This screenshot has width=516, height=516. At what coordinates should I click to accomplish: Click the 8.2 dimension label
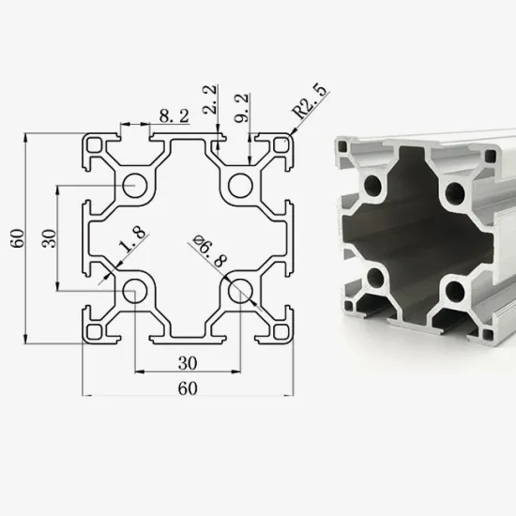[x=173, y=117]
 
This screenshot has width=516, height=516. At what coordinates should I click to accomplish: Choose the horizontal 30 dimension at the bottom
[x=185, y=361]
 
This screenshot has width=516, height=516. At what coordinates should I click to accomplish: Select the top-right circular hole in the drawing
[x=240, y=184]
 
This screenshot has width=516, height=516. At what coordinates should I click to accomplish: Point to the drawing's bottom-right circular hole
[x=240, y=288]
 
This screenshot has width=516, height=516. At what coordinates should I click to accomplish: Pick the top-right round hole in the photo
[x=457, y=194]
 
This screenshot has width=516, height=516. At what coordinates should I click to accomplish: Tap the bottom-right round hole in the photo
[x=459, y=289]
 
